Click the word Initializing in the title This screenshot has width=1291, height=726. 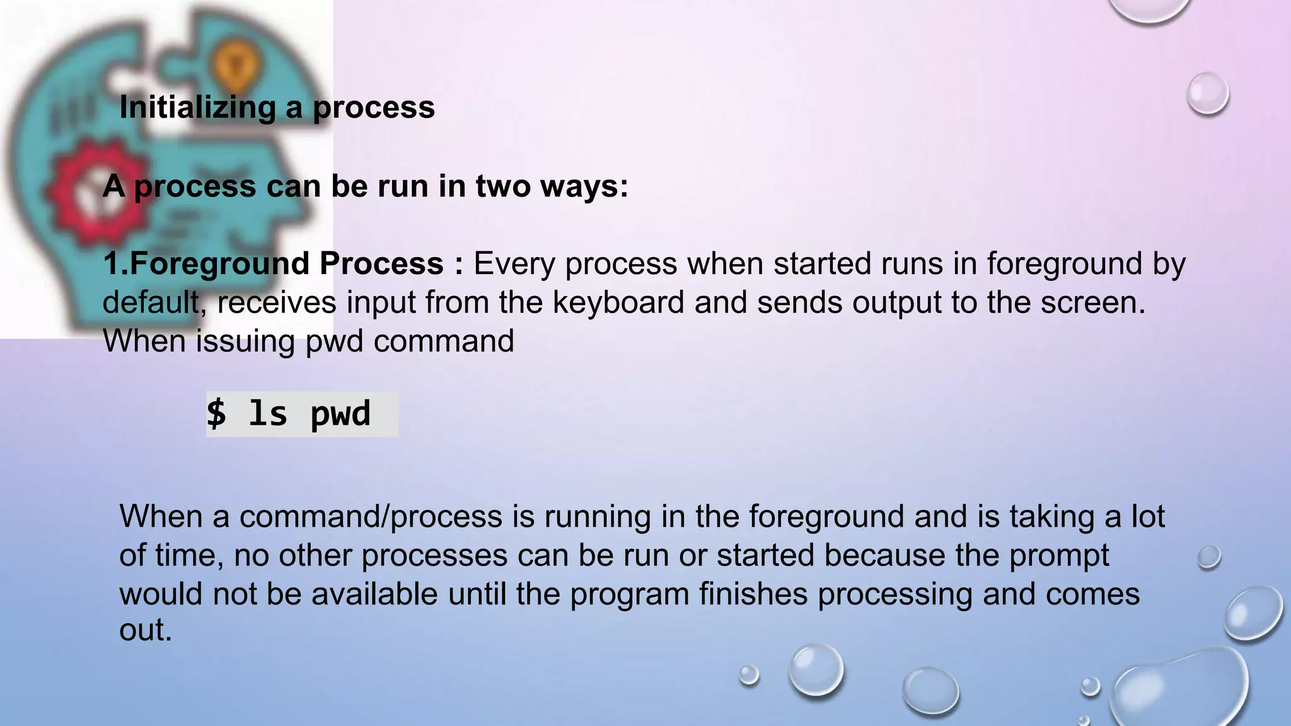point(197,107)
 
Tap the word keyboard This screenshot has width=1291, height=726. point(618,302)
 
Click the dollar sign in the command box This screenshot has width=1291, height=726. point(216,414)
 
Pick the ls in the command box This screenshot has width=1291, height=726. point(268,414)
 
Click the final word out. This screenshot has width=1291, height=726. point(145,630)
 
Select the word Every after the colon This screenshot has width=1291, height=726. point(514,263)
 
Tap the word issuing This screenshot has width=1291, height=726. point(245,342)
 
